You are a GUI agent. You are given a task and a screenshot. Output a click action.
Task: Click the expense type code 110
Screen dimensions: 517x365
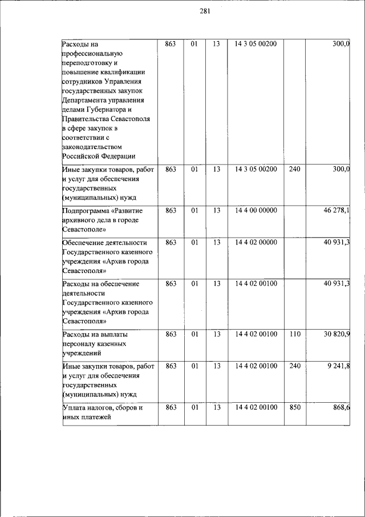294,333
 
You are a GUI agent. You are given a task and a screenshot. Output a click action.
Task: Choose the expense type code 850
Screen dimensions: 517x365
294,407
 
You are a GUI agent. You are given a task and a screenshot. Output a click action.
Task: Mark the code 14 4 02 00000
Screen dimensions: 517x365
255,243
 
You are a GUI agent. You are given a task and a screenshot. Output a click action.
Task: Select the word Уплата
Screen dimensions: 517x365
75,407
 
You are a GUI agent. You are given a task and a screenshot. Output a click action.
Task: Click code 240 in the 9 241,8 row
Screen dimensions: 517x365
294,366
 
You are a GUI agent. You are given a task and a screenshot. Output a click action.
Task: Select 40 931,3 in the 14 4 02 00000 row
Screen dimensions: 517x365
336,243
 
